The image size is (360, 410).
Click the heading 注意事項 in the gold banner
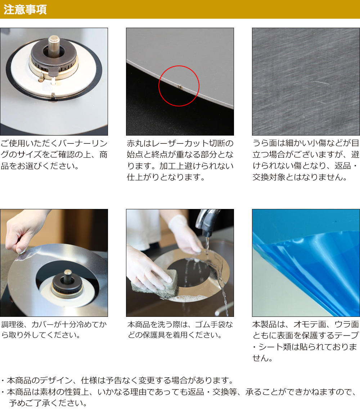pyautogui.click(x=25, y=9)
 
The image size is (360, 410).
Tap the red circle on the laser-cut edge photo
pyautogui.click(x=179, y=66)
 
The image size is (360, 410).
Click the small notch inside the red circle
pyautogui.click(x=180, y=86)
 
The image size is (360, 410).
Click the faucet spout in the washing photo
pyautogui.click(x=207, y=223)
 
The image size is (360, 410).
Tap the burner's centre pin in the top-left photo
pyautogui.click(x=54, y=45)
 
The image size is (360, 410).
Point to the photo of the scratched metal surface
pyautogui.click(x=306, y=82)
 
